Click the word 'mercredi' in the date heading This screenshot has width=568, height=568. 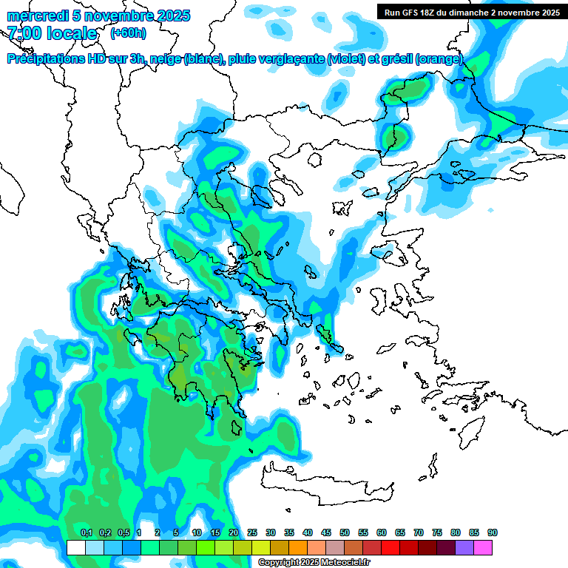click(35, 16)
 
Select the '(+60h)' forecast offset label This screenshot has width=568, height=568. click(128, 33)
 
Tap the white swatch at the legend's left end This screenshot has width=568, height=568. click(75, 548)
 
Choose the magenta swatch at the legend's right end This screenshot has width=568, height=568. click(483, 548)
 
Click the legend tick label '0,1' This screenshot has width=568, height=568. click(86, 533)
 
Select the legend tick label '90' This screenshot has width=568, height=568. click(493, 533)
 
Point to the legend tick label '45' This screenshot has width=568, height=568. click(326, 533)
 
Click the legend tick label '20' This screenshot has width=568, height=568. click(234, 533)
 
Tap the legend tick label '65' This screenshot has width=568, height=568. click(400, 533)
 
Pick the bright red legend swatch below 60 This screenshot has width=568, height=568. click(390, 548)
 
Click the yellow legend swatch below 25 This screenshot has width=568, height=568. click(261, 548)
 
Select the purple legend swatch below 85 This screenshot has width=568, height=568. click(464, 548)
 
